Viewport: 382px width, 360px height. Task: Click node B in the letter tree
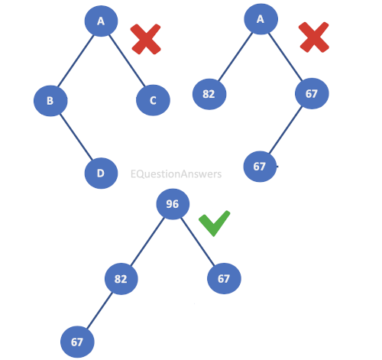pyautogui.click(x=50, y=101)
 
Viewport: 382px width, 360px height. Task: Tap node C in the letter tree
pyautogui.click(x=153, y=100)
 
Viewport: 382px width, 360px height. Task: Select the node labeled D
pyautogui.click(x=101, y=174)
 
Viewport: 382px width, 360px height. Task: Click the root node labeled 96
pyautogui.click(x=173, y=204)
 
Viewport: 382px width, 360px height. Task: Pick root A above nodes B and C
pyautogui.click(x=101, y=21)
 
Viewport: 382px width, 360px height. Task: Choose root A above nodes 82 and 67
pyautogui.click(x=261, y=19)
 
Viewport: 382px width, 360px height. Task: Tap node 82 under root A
pyautogui.click(x=209, y=94)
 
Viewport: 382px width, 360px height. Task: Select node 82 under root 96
pyautogui.click(x=121, y=279)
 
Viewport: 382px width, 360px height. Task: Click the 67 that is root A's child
pyautogui.click(x=312, y=93)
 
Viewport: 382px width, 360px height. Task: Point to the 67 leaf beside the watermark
pyautogui.click(x=260, y=167)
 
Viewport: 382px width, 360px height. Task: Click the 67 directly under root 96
pyautogui.click(x=224, y=278)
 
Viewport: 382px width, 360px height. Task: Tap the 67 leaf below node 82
pyautogui.click(x=77, y=342)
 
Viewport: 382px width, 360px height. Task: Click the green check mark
pyautogui.click(x=214, y=223)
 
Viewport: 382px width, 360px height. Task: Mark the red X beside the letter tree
pyautogui.click(x=145, y=39)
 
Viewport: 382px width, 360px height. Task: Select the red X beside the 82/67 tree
pyautogui.click(x=314, y=37)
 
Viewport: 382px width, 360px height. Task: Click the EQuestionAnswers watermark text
pyautogui.click(x=176, y=174)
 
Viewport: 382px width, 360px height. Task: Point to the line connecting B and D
pyautogui.click(x=76, y=137)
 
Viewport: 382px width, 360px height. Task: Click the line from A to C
pyautogui.click(x=127, y=60)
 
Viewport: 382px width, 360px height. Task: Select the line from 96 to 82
pyautogui.click(x=147, y=242)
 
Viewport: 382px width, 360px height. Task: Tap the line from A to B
pyautogui.click(x=76, y=61)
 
